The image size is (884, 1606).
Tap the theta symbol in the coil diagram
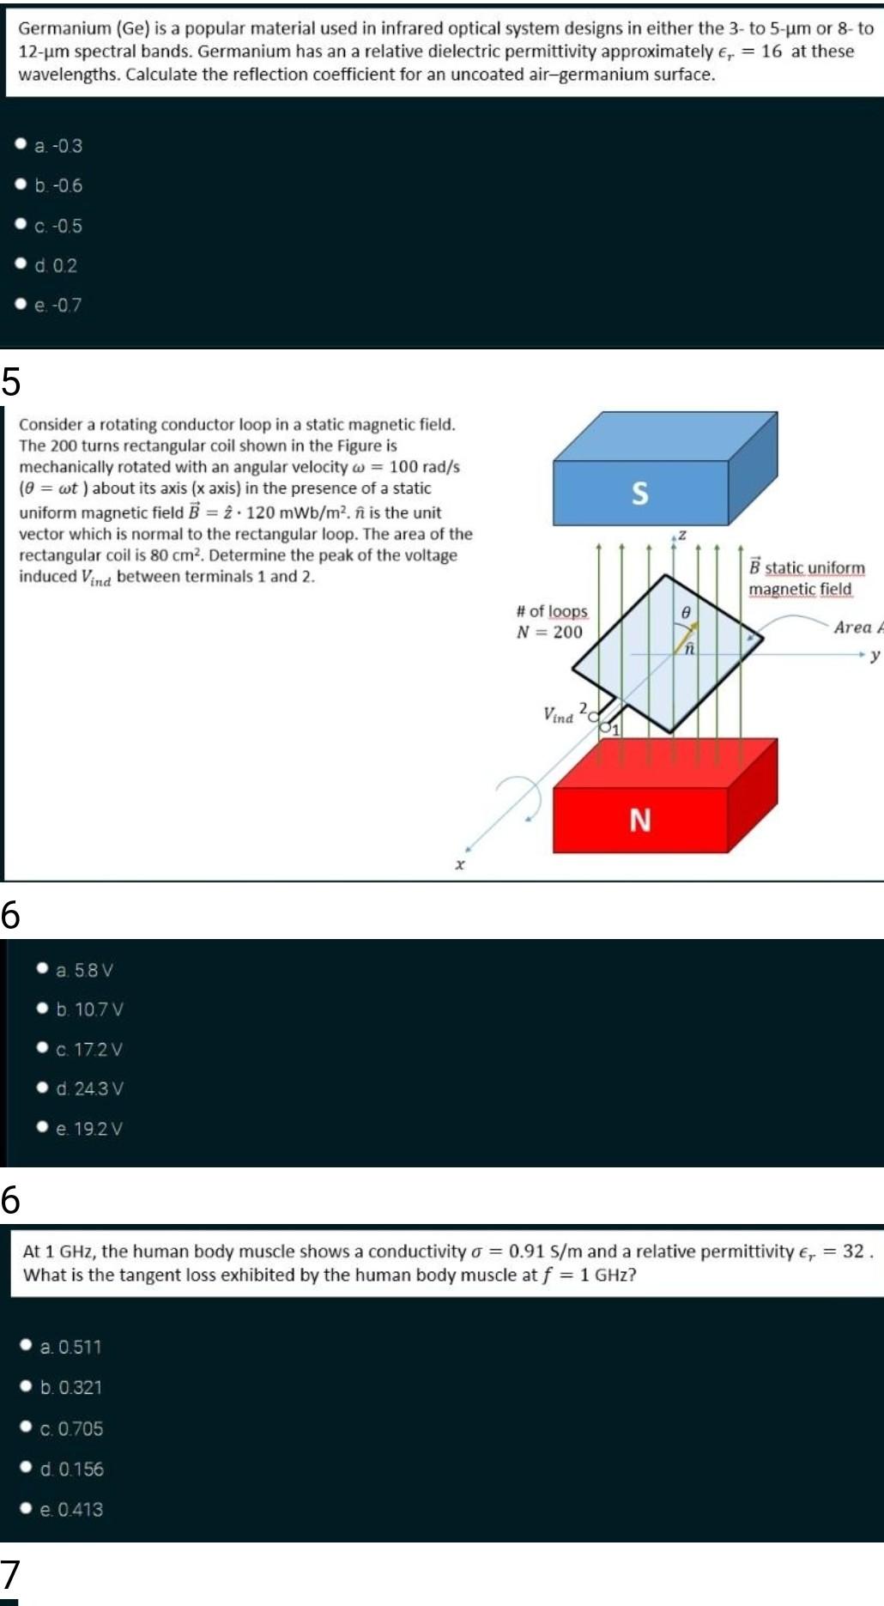(x=685, y=613)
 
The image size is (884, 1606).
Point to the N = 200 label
(x=549, y=633)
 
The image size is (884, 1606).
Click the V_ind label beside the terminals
(x=558, y=715)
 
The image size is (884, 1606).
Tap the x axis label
(x=460, y=864)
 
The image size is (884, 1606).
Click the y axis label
(x=875, y=656)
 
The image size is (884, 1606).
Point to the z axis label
(x=682, y=535)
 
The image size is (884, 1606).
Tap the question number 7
(x=9, y=1574)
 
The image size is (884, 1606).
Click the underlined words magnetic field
(x=800, y=590)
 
